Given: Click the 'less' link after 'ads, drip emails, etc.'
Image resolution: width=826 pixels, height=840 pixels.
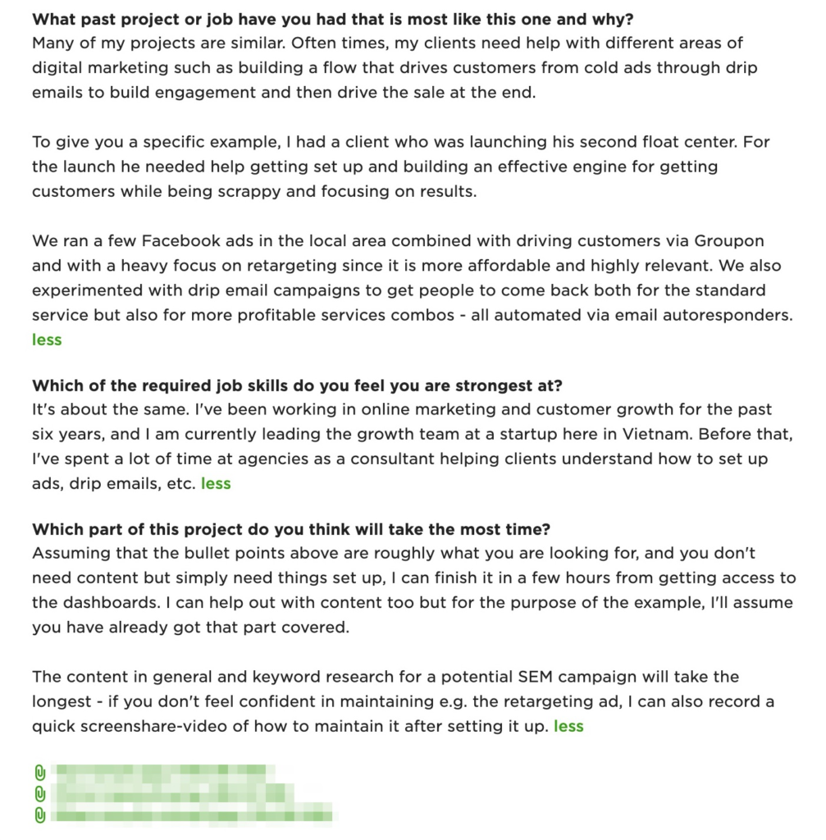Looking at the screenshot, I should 216,483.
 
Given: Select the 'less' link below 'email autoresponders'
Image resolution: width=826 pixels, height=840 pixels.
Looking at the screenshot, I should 47,340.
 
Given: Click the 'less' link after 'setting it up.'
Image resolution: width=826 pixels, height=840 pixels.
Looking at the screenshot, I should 568,726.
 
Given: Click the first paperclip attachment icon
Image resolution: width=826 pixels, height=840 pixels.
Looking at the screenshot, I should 39,772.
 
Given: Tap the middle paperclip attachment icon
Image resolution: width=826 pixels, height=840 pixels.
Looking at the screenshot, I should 39,793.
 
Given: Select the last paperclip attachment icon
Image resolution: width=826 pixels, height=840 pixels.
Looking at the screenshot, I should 39,815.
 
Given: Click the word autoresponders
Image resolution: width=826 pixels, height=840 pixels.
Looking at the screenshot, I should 725,315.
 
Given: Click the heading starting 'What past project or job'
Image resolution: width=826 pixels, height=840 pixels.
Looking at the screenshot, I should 332,19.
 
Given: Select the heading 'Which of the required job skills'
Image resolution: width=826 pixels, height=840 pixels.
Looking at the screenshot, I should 297,385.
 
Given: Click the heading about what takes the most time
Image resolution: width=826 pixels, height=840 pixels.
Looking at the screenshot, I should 291,529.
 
